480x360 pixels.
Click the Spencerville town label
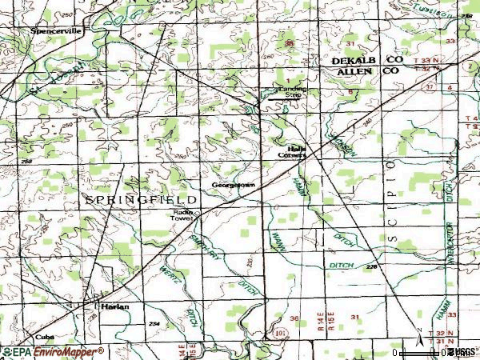tap(56, 31)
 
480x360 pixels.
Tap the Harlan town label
tap(114, 306)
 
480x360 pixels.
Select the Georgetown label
tap(233, 186)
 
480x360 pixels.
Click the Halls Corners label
tap(292, 152)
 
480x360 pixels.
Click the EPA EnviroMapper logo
tap(52, 351)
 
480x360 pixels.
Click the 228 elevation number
tap(372, 267)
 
